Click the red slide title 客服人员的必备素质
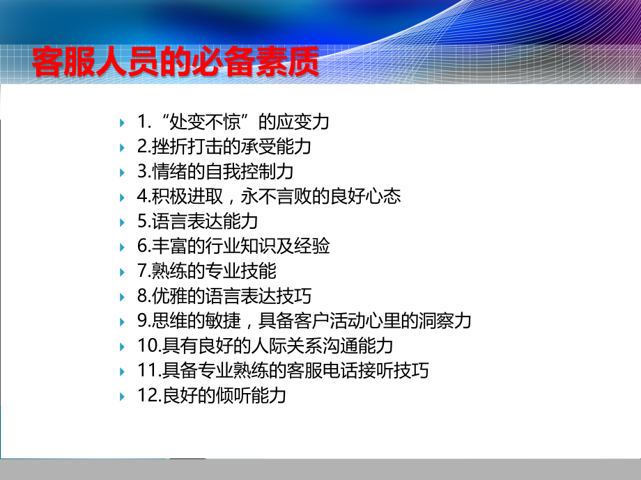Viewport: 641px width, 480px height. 175,63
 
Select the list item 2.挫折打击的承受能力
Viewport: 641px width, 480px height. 224,147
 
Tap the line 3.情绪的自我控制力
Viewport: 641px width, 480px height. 215,172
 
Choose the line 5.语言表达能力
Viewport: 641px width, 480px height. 197,222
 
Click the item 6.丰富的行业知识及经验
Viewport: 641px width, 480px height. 233,246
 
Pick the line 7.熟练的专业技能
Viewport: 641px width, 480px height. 206,271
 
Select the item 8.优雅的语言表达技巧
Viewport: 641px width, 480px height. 224,296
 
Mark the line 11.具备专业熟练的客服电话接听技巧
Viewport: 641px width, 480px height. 283,371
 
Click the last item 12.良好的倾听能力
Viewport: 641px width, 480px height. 212,396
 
